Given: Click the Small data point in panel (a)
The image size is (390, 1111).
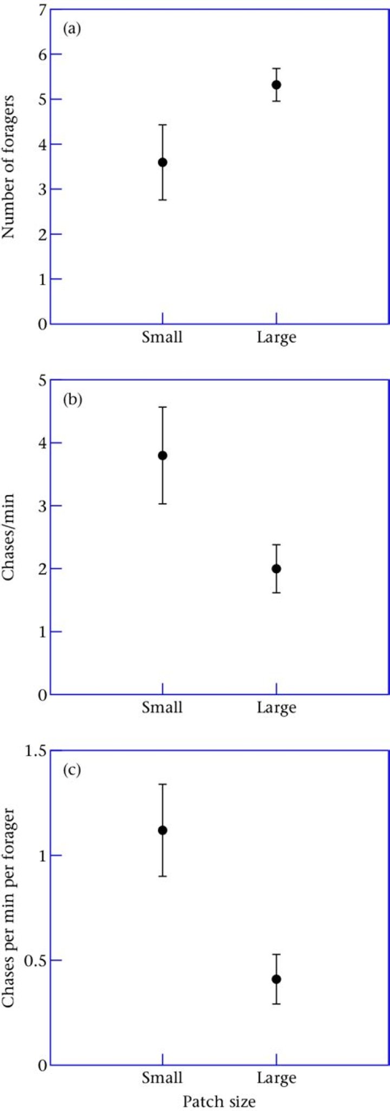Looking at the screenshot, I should [x=162, y=162].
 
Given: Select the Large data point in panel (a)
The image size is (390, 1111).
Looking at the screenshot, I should [x=276, y=85].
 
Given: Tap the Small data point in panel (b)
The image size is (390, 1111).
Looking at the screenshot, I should [x=162, y=455].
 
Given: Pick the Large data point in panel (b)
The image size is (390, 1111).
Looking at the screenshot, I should [x=276, y=569].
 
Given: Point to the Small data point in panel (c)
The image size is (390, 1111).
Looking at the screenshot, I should [x=162, y=831].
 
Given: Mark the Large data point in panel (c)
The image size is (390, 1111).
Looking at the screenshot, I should [x=276, y=979].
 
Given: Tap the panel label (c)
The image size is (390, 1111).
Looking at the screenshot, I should [x=72, y=770].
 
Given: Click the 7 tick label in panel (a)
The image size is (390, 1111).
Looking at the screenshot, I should [x=41, y=10].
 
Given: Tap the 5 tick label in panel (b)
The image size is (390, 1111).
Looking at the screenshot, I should [x=41, y=381].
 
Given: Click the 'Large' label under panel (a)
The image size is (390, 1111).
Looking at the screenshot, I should [x=276, y=338].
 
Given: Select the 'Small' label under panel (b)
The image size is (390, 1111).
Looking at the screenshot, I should [x=162, y=708].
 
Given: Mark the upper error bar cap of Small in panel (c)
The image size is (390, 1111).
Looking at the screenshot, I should [x=162, y=784].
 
